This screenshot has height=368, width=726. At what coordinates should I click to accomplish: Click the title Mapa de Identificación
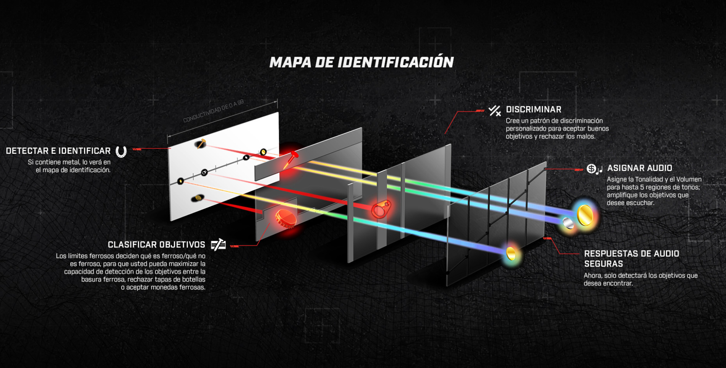(x=361, y=62)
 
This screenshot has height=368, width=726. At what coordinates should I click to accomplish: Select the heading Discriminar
(x=533, y=109)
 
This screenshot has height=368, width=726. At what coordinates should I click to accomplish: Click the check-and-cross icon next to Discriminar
(x=494, y=111)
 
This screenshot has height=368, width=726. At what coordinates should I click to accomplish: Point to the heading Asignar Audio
(x=640, y=168)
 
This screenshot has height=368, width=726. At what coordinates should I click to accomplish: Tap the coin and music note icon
(x=595, y=169)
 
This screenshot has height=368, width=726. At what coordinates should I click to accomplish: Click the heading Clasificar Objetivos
(x=156, y=245)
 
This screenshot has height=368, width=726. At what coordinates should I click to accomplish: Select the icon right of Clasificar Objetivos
(x=218, y=245)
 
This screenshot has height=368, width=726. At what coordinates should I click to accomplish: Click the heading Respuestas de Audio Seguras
(x=632, y=259)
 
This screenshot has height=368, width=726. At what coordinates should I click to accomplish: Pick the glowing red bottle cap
(x=285, y=218)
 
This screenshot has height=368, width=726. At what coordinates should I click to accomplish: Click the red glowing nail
(x=290, y=159)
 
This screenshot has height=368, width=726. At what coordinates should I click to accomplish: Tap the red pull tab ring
(x=381, y=209)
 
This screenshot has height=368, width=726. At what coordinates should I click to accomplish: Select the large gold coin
(x=585, y=215)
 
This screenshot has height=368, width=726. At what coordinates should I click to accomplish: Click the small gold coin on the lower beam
(x=511, y=253)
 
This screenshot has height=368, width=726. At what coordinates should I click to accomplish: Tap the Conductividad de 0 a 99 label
(x=213, y=111)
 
